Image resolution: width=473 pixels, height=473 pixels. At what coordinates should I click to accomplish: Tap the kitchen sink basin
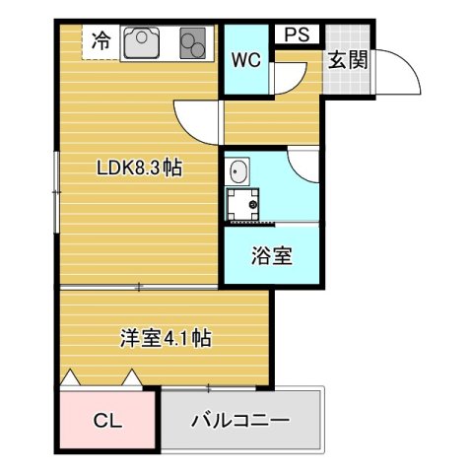[x=142, y=42]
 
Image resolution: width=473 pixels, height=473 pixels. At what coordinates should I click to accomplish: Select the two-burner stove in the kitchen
[x=192, y=42]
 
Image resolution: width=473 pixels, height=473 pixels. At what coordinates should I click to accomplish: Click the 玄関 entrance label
[x=347, y=59]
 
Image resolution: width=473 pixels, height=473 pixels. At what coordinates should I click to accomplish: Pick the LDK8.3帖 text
[x=139, y=169]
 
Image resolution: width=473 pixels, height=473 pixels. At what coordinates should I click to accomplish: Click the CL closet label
[x=108, y=421]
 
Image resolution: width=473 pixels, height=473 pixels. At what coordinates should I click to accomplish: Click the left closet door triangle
[x=70, y=377]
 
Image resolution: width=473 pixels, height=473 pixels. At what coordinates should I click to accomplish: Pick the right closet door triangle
[x=132, y=377]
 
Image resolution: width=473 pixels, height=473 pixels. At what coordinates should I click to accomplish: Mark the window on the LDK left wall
[x=57, y=191]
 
